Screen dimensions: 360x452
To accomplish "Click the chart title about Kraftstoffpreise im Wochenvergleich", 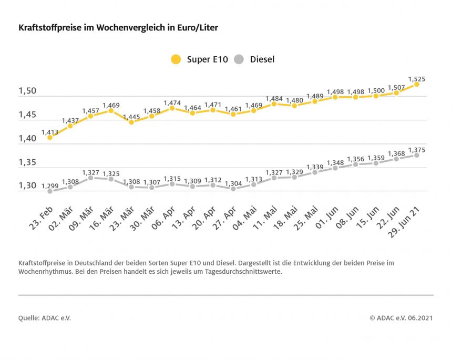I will pos(118,27).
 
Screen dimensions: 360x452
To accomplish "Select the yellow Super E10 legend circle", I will pos(176,59).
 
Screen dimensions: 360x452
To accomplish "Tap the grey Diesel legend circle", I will pos(239,59).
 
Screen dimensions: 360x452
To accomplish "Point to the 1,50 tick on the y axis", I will pos(28,91).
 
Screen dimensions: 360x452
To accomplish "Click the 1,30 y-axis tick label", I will pos(28,186).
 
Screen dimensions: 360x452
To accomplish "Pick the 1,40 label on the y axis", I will pos(28,138).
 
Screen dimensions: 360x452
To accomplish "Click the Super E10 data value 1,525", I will pos(416,79).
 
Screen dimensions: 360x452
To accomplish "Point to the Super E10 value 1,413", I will pos(49,131).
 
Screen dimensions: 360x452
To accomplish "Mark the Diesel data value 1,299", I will pos(49,186).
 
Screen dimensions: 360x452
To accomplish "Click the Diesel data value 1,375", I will pos(416,150).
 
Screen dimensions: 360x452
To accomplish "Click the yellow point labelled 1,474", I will pos(172,108).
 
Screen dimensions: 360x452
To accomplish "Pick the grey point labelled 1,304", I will pos(233,189).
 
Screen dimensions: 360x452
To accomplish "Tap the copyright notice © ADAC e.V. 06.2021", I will pos(400,318).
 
